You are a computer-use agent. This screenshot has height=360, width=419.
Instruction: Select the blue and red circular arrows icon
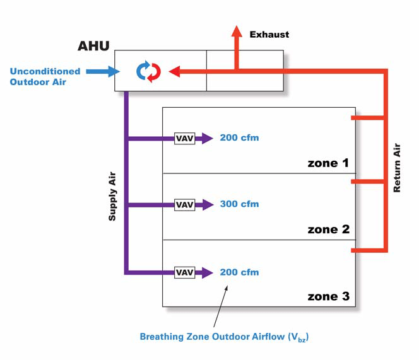point(149,71)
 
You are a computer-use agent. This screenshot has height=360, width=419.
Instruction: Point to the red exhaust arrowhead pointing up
point(237,32)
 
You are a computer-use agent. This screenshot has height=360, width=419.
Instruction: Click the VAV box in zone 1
point(184,138)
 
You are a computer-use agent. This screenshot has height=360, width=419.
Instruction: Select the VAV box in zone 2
point(184,205)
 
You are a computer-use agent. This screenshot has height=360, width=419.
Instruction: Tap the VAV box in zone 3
point(184,272)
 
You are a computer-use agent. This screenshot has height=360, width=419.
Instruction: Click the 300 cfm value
point(239,205)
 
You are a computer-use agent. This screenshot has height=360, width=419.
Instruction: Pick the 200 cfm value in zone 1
point(239,138)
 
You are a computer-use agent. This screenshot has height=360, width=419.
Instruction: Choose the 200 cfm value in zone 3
point(239,272)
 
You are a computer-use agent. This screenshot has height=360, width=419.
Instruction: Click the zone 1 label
point(328,163)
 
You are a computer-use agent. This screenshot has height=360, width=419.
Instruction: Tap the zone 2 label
point(328,229)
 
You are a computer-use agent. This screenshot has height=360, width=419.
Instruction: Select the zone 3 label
point(328,296)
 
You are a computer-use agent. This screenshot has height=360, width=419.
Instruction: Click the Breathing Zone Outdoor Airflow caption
point(223,337)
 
